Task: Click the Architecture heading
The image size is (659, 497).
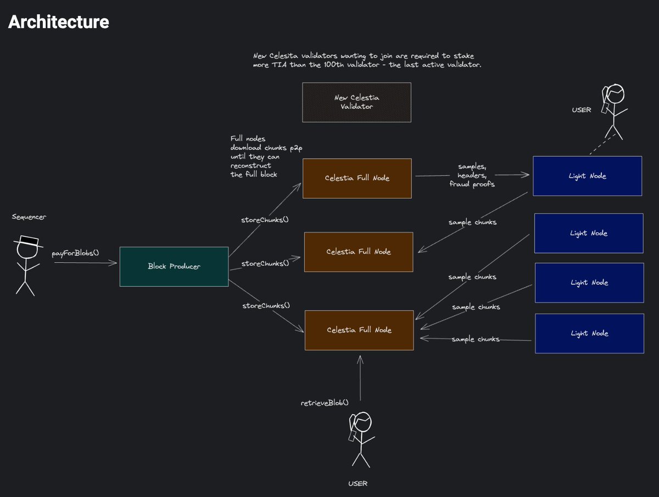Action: point(58,22)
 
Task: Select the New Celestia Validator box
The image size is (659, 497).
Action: point(356,102)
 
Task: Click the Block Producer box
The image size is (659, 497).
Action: point(174,266)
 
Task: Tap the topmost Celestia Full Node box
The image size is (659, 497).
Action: point(356,178)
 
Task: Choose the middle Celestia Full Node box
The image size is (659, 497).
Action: point(358,252)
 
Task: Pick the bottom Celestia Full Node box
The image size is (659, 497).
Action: point(359,330)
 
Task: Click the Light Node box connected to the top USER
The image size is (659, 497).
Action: point(587,176)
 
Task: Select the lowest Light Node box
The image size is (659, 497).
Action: point(589,333)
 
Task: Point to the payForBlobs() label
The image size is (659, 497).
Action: point(75,253)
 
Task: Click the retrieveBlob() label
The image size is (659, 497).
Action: point(325,403)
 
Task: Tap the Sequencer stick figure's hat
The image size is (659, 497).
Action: point(28,241)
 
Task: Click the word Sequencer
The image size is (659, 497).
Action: point(29,217)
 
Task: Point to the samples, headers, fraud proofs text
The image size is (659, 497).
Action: point(471,175)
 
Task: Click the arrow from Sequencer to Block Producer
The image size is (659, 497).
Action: point(85,264)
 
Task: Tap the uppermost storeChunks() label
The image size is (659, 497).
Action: point(265,220)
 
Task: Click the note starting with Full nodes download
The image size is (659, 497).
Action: point(254,157)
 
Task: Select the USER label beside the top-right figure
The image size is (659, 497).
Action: point(581,110)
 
